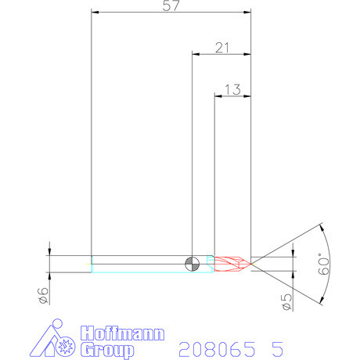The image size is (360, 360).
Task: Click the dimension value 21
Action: tap(222, 48)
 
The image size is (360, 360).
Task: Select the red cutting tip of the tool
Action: tap(233, 264)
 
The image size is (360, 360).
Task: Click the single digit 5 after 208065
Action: tap(276, 347)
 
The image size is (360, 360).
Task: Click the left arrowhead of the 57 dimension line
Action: tap(95, 13)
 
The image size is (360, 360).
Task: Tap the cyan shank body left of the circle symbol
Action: tap(141, 264)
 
